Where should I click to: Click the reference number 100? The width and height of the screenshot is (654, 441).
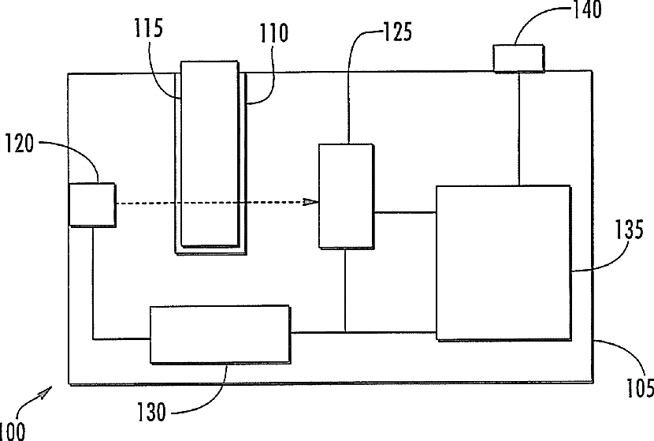13,431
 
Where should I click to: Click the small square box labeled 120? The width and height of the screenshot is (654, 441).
92,204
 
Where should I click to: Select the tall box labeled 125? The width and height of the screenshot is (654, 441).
345,196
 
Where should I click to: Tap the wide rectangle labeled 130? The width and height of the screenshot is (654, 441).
219,334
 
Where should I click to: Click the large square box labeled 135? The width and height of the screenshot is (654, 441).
504,263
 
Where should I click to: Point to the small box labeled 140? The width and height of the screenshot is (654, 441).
518,58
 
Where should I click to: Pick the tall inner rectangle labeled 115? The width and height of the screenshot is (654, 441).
210,154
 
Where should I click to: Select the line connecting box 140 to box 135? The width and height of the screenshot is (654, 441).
518,129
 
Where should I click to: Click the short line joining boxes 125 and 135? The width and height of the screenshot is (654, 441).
404,212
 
